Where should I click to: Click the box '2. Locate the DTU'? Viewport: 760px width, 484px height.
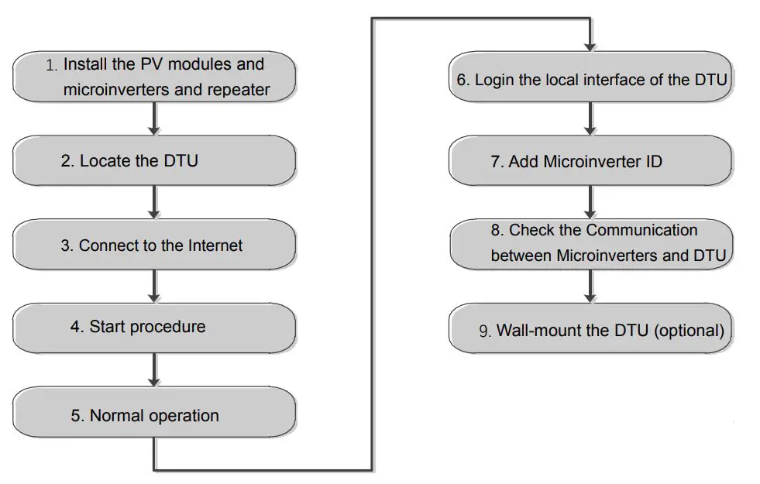[x=153, y=161]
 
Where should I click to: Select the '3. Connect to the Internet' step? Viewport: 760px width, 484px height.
[x=153, y=245]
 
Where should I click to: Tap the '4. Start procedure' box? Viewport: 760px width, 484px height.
[x=153, y=327]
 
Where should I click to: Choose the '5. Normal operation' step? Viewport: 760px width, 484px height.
[x=153, y=415]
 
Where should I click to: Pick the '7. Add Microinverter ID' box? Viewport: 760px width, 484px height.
[x=590, y=161]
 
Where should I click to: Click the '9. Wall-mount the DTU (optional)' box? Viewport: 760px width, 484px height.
[x=590, y=331]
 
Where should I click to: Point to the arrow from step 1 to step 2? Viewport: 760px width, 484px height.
[x=154, y=118]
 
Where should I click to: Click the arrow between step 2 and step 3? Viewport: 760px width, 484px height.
[x=154, y=202]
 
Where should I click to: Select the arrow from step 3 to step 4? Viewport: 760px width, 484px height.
[x=154, y=286]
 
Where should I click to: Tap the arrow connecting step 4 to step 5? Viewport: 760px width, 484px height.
[x=154, y=369]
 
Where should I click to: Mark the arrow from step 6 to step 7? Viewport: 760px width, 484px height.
[x=590, y=118]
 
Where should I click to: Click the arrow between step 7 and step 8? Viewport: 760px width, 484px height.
[x=590, y=202]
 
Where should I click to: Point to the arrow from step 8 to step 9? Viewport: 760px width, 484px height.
[x=590, y=287]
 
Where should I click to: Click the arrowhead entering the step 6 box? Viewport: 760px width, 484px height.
[x=590, y=46]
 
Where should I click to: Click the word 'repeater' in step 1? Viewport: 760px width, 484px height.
[x=239, y=90]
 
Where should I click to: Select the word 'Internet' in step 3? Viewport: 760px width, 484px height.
[x=215, y=245]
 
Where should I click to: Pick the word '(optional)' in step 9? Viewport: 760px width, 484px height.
[x=690, y=331]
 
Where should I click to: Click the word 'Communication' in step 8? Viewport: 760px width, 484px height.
[x=641, y=230]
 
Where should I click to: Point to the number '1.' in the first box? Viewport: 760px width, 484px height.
[x=52, y=66]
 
